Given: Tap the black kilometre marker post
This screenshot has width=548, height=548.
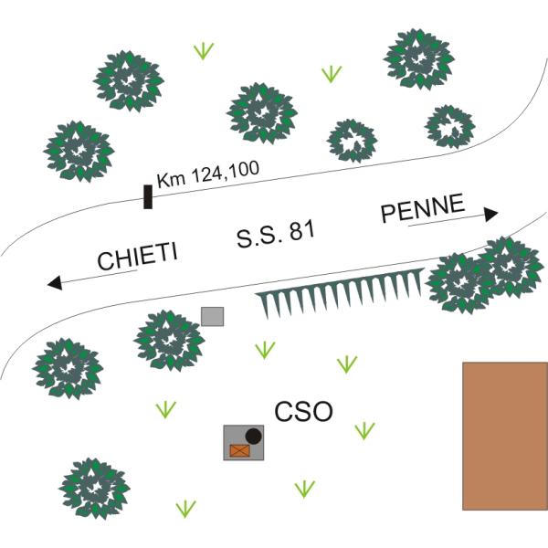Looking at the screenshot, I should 147,195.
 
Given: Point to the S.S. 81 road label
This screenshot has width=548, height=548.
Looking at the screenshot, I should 276,234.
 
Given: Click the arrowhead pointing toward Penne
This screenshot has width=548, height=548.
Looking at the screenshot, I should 491,215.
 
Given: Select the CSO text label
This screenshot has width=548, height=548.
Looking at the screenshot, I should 304,412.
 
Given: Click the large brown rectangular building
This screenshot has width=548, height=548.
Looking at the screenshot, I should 505,436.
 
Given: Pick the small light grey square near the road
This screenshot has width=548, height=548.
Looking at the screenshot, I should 213,317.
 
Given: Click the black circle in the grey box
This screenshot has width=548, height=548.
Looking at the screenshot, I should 254,436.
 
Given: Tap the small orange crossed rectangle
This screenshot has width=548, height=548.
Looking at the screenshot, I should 240,449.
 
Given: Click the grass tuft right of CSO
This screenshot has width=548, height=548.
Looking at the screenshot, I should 364,429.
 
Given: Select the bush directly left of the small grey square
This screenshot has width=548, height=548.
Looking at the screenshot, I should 168,339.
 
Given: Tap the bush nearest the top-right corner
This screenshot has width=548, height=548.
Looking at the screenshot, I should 418,58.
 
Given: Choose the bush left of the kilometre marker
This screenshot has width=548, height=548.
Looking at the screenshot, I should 79,149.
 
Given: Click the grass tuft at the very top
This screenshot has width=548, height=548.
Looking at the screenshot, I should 205,50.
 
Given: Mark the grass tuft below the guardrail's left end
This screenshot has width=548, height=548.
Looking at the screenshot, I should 265,349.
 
